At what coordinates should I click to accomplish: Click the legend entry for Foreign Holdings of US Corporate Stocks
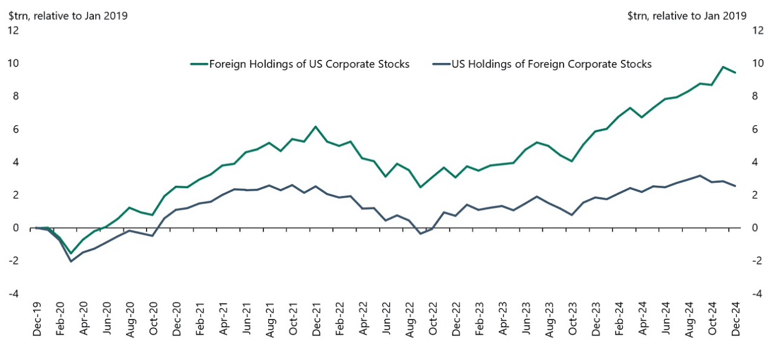point(309,64)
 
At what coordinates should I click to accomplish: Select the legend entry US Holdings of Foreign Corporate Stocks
point(551,64)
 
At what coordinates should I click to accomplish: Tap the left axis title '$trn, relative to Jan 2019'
point(68,16)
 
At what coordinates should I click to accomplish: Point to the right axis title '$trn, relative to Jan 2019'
point(687,16)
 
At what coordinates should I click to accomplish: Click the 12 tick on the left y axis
point(13,31)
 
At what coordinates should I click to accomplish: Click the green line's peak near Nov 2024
point(723,67)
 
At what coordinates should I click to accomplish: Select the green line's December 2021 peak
point(315,126)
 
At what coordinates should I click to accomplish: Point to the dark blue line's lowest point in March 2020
point(71,261)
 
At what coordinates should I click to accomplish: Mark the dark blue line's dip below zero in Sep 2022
point(421,234)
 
